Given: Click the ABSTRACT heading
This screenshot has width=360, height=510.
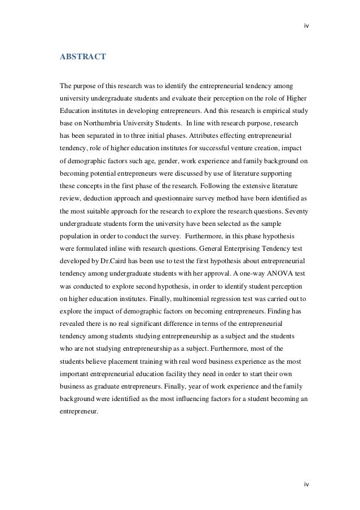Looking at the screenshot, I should click(82, 57).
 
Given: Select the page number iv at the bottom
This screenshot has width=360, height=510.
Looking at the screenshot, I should click(306, 484).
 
